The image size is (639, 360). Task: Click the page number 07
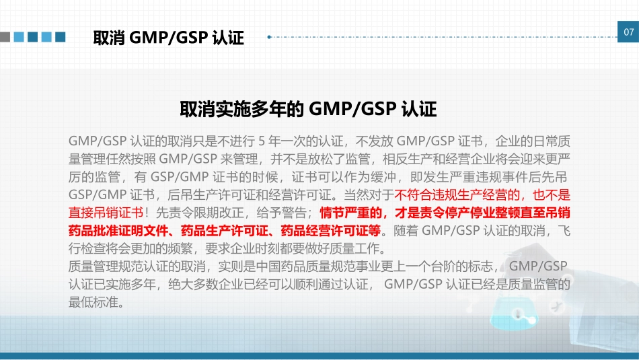tap(628, 33)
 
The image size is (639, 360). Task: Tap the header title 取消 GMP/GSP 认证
tap(168, 38)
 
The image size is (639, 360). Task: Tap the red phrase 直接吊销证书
tap(106, 213)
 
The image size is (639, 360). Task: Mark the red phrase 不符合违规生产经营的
tap(454, 196)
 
